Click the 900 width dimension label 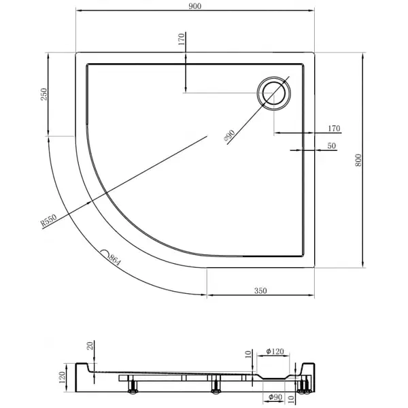click(x=195, y=6)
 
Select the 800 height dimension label click(x=358, y=160)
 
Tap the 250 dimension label click(x=44, y=95)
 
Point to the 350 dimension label click(x=260, y=290)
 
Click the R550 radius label click(x=49, y=220)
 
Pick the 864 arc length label click(x=115, y=260)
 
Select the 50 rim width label click(x=332, y=146)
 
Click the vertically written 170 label click(x=182, y=39)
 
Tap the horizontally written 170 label click(x=334, y=129)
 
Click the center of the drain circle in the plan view click(x=274, y=93)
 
